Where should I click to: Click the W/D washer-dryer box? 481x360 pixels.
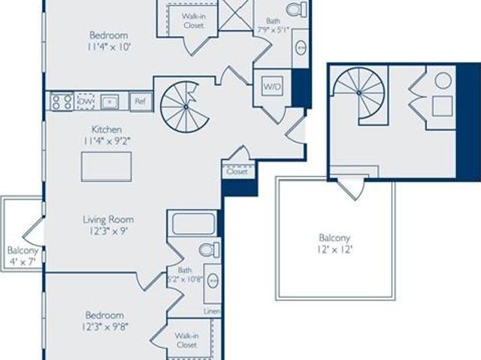[272, 86]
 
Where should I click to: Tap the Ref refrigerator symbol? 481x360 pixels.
[141, 101]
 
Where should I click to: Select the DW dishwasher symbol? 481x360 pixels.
[86, 101]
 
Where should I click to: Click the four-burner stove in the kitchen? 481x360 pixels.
[62, 101]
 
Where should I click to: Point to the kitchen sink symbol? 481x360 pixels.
[110, 101]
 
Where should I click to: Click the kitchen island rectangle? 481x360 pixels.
[107, 167]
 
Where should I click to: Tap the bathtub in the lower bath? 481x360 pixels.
[193, 224]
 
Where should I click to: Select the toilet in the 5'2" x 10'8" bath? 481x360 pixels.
[210, 250]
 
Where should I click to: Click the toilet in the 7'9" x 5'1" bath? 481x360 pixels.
[296, 8]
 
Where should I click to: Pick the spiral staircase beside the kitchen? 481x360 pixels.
[185, 107]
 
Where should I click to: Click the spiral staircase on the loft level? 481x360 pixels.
[359, 93]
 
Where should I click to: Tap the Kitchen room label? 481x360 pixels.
[107, 129]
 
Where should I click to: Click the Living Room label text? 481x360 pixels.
[108, 219]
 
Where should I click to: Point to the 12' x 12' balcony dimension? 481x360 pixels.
[334, 250]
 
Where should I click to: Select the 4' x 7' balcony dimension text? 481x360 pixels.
[23, 262]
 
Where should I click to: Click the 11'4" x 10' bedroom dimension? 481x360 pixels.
[108, 47]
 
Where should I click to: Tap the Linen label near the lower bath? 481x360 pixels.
[212, 311]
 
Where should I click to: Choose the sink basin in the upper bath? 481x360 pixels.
[301, 47]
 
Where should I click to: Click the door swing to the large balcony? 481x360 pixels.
[352, 188]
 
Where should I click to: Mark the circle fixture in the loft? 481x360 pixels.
[443, 80]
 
